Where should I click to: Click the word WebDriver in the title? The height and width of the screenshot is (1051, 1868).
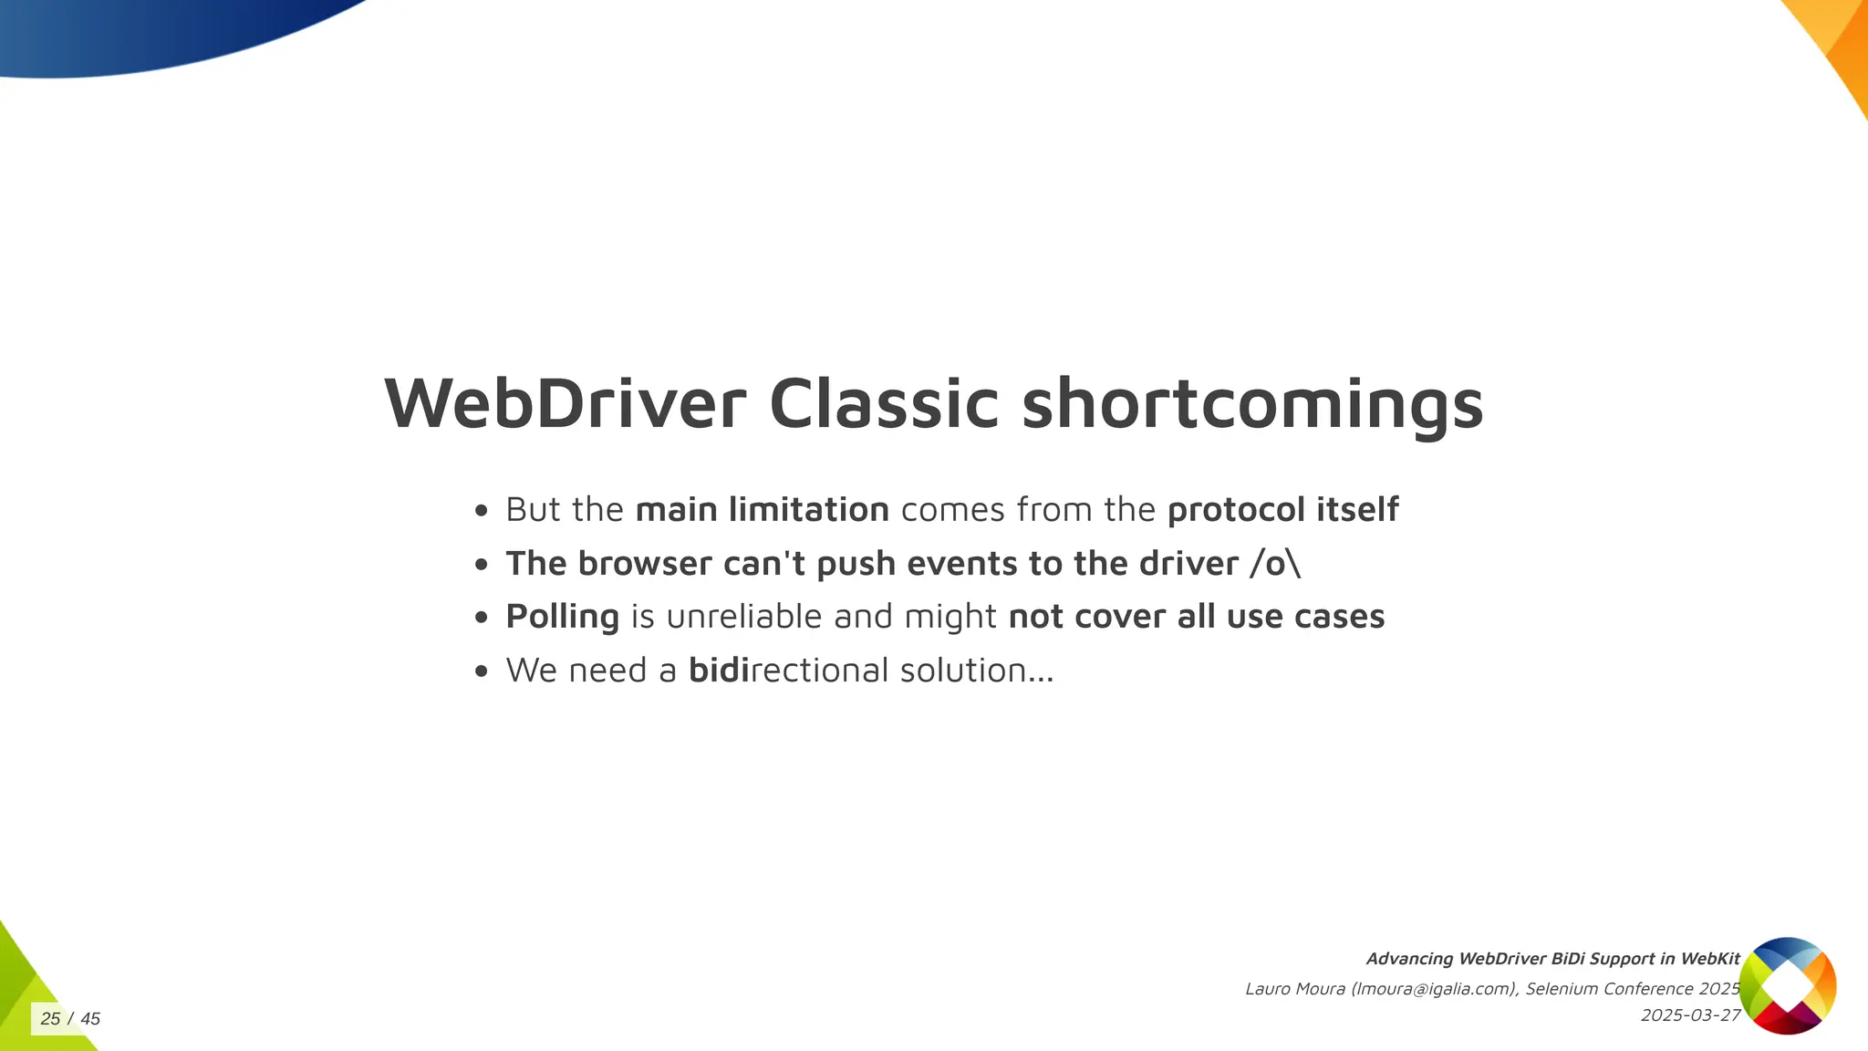click(x=566, y=404)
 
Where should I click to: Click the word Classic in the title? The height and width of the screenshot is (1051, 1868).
click(x=884, y=404)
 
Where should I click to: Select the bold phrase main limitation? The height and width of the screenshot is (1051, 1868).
click(x=762, y=510)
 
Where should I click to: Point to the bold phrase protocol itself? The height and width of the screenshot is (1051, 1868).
click(x=1282, y=510)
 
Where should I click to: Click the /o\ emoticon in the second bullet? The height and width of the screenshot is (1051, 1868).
click(x=1275, y=564)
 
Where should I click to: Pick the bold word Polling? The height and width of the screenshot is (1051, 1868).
click(x=562, y=618)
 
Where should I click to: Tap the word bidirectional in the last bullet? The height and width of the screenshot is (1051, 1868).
click(x=788, y=671)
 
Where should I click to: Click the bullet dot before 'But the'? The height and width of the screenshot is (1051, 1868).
click(x=482, y=511)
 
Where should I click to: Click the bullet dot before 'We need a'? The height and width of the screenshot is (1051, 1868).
click(x=482, y=672)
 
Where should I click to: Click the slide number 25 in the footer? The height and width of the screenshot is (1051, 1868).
click(x=50, y=1019)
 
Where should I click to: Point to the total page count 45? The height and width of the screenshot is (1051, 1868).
click(x=90, y=1019)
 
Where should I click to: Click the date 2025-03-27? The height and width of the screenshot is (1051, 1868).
click(x=1690, y=1015)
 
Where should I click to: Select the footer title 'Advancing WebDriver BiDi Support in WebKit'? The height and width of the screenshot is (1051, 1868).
click(x=1552, y=959)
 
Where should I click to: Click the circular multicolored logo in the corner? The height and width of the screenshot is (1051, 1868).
click(x=1787, y=985)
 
